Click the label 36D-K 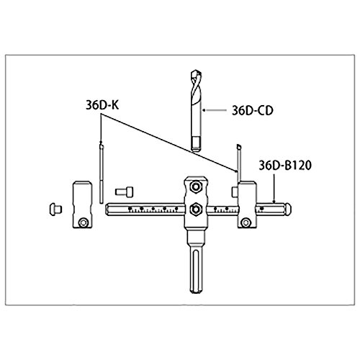(102, 105)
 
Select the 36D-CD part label (253, 110)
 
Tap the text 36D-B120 (285, 166)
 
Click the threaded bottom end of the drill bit (197, 144)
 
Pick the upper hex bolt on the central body (195, 186)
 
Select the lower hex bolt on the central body (195, 210)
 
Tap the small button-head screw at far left (55, 210)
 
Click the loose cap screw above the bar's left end (125, 192)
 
